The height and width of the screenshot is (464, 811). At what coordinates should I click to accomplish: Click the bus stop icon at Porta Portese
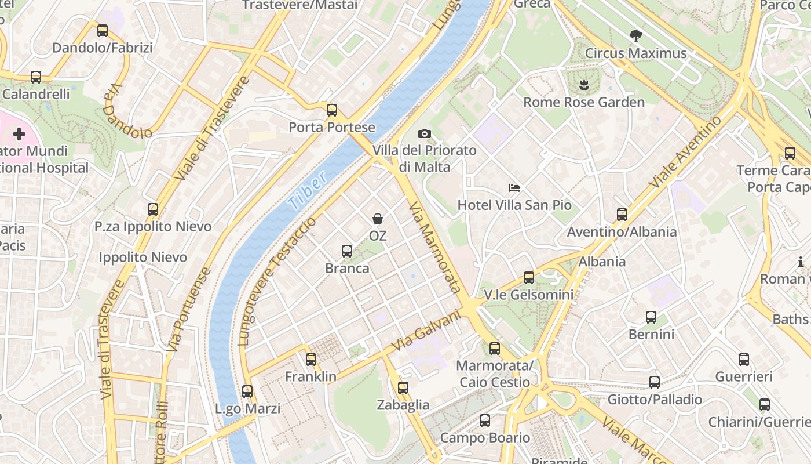[x=331, y=110]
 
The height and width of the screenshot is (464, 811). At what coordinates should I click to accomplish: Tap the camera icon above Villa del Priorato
[x=424, y=134]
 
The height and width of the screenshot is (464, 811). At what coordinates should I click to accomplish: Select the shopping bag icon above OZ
[x=378, y=219]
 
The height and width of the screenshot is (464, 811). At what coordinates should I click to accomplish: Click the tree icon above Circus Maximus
[x=635, y=36]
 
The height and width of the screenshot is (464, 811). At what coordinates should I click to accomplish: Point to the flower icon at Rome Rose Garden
[x=583, y=86]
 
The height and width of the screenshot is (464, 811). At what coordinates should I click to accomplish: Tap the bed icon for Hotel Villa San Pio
[x=514, y=188]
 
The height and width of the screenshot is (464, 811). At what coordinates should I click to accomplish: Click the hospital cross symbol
[x=19, y=135]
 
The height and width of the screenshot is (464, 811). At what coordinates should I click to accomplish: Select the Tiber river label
[x=306, y=190]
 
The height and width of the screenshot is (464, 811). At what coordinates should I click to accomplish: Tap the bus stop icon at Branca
[x=346, y=251]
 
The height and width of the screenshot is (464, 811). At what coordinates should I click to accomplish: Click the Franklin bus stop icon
[x=311, y=360]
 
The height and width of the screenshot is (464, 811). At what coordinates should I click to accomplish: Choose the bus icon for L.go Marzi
[x=247, y=391]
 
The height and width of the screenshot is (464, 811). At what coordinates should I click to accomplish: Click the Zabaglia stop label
[x=403, y=405]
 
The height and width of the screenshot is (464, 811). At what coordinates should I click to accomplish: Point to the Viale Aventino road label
[x=685, y=152]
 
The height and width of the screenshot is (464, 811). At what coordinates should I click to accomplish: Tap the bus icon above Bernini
[x=651, y=317]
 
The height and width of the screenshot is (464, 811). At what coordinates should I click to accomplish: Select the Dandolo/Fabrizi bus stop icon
[x=103, y=31]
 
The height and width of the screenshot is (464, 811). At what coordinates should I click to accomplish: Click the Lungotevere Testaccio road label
[x=278, y=282]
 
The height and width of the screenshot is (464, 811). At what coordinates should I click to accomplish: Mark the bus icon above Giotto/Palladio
[x=655, y=382]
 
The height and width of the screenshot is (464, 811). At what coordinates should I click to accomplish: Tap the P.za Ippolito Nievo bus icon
[x=153, y=209]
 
